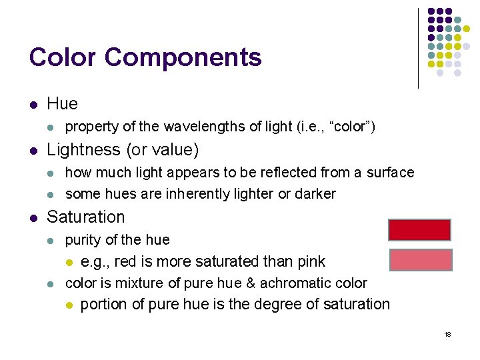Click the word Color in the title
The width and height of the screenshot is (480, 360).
[x=63, y=57]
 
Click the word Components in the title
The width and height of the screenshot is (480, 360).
[x=183, y=59]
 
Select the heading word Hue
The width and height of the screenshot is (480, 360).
[x=62, y=103]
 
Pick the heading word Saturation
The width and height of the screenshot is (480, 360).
[x=85, y=217]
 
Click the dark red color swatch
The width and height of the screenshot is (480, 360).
[x=419, y=229]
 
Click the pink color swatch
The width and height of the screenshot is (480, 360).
[x=420, y=259]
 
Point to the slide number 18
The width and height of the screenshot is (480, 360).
[x=447, y=334]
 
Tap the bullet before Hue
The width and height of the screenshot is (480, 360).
[x=33, y=105]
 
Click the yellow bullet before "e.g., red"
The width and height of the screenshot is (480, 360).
[x=68, y=262]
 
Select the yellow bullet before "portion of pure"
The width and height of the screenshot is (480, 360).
[x=68, y=305]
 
